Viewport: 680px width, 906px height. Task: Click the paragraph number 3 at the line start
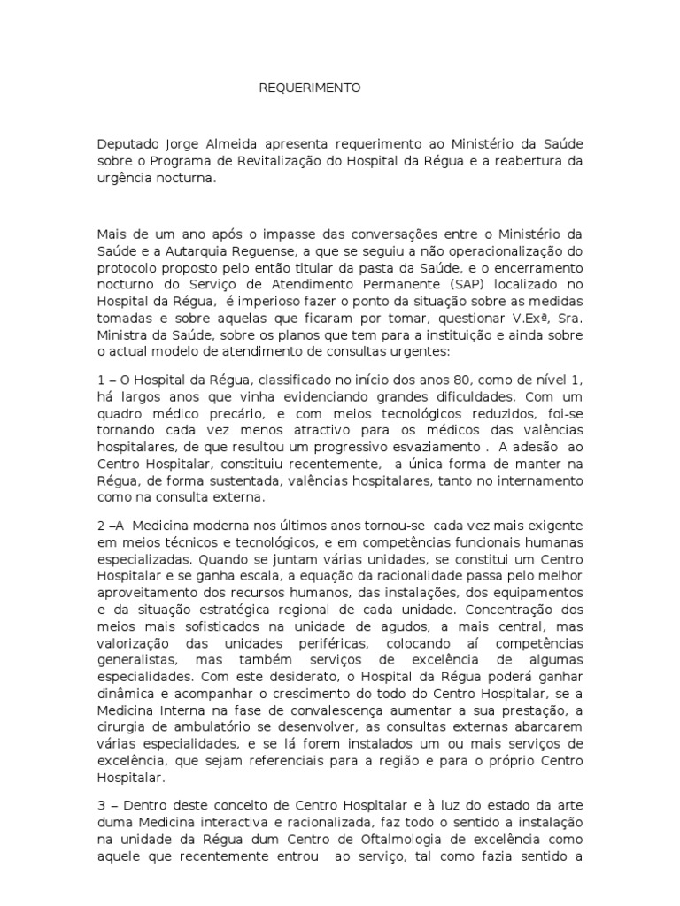[x=101, y=804]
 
